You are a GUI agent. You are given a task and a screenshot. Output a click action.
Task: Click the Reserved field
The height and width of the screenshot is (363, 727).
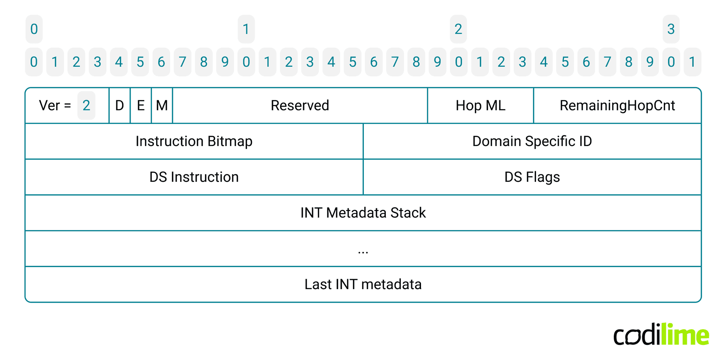pos(300,105)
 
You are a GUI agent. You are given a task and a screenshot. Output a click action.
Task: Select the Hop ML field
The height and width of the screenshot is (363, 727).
pos(480,105)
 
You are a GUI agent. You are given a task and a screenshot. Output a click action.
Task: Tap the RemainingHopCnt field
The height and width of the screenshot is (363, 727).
pos(617,105)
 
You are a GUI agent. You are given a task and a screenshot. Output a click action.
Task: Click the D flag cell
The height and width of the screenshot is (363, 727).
pos(120,105)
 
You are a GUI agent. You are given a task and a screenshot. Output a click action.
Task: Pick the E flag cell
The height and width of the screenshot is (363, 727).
pos(141,105)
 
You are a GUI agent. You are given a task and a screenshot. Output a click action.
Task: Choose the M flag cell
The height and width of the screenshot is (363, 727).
pos(162,105)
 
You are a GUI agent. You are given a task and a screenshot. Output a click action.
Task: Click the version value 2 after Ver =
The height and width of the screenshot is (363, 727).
pos(86,105)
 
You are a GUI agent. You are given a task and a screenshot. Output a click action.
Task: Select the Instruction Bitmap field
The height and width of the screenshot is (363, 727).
pos(194,141)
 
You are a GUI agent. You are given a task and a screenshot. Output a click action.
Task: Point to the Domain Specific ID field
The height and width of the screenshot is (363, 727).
pos(532,141)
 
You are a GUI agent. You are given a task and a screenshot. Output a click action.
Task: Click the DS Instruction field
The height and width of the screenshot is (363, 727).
pos(194,177)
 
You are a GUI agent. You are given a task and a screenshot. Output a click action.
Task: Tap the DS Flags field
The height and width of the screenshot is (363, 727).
pos(532,177)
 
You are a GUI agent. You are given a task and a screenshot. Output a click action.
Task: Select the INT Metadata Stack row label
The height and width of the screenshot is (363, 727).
pos(363,213)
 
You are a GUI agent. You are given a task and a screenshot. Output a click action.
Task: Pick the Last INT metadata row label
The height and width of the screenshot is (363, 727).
pos(363,284)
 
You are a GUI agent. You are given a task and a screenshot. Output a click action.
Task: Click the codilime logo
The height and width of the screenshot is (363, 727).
pos(661,335)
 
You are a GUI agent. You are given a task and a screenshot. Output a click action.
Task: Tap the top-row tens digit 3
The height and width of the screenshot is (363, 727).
pos(671,29)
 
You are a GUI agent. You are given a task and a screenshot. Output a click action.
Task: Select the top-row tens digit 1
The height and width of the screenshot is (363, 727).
pos(246,29)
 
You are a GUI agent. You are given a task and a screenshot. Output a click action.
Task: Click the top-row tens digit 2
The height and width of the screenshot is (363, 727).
pos(458,29)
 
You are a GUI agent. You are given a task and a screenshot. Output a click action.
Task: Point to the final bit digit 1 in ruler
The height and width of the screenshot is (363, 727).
pos(692,62)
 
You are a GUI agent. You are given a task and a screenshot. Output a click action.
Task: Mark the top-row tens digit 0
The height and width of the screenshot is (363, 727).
pos(34,29)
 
